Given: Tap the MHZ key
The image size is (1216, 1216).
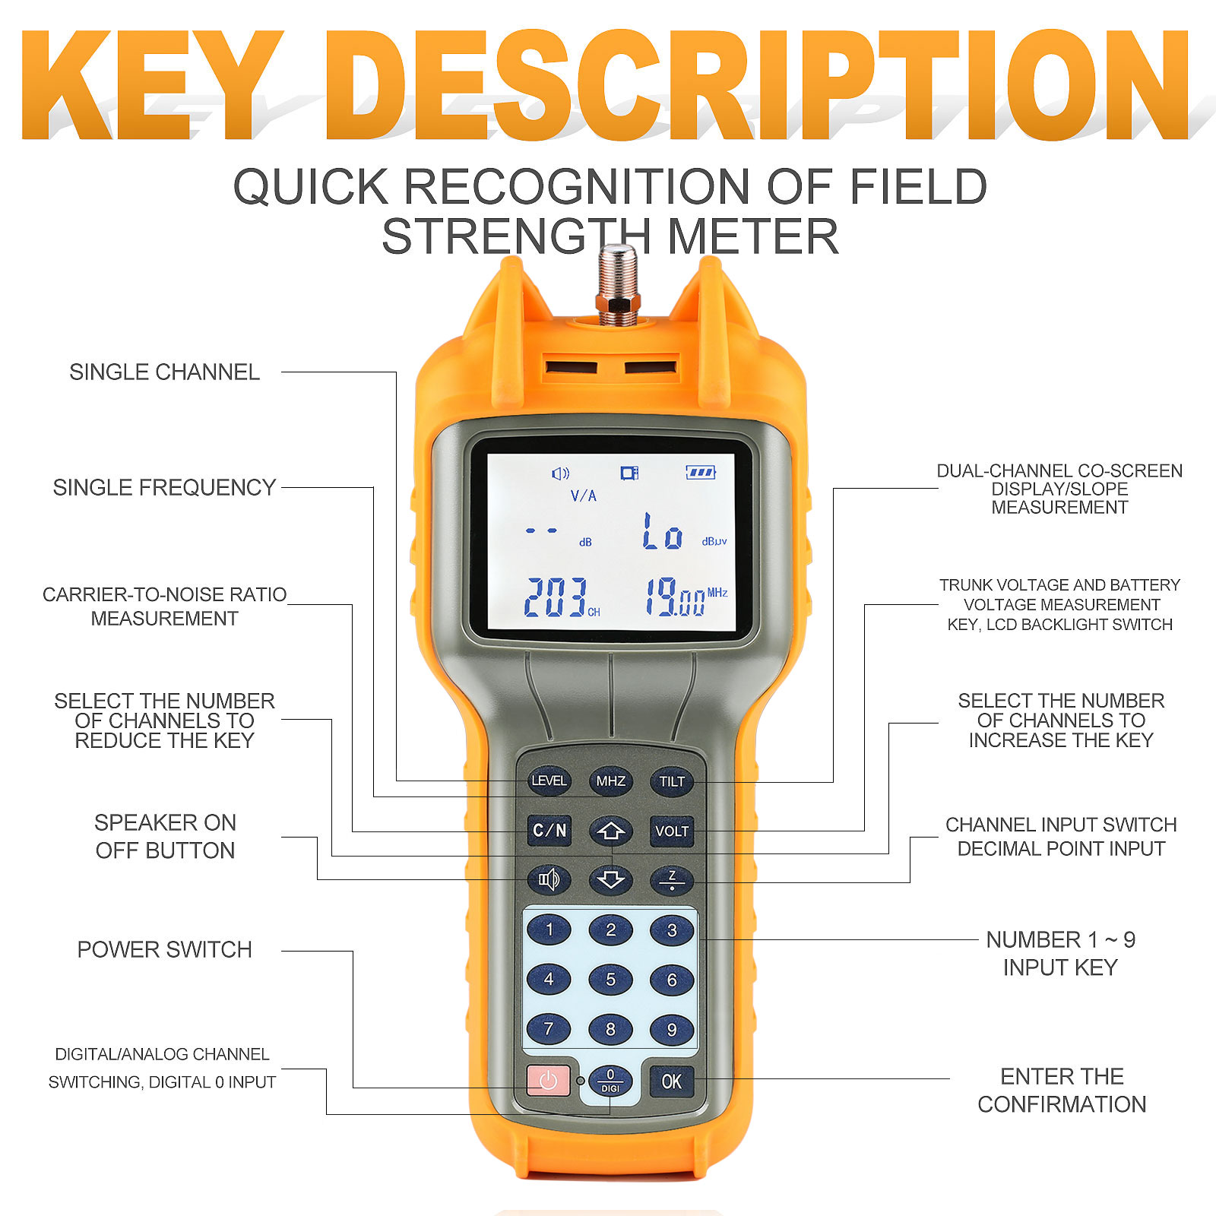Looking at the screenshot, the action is (610, 781).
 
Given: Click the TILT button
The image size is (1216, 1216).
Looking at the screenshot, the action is (672, 781).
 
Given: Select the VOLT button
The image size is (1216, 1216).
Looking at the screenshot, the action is (672, 831).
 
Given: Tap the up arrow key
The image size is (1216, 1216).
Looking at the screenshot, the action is (610, 831).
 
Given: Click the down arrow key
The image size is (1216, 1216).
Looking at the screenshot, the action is (610, 880).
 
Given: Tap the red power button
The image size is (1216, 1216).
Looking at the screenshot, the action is (548, 1080).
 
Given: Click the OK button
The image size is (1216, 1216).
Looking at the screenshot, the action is (672, 1081).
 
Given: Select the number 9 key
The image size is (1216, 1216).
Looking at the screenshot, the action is (672, 1030).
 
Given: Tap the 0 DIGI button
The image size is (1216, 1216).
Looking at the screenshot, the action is (610, 1081).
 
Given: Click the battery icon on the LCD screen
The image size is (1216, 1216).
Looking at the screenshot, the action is (701, 473).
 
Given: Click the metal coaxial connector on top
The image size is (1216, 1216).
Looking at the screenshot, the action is (617, 285).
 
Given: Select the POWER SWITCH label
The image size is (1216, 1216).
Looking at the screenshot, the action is (165, 949).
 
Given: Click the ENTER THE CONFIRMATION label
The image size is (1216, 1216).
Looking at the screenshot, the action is (1062, 1090).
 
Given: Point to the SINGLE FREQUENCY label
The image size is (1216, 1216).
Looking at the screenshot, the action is (164, 487).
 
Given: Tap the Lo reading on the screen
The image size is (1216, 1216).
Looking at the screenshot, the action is (663, 531).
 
